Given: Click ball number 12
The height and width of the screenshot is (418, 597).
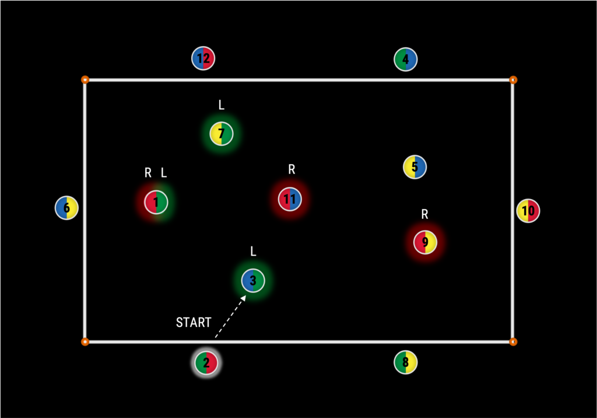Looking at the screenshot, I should click(x=203, y=58).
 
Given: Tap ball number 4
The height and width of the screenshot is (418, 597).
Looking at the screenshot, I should click(x=406, y=59).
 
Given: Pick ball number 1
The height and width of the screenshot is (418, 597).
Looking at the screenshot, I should click(x=156, y=203).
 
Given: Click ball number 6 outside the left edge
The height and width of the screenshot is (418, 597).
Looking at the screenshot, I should click(x=66, y=208).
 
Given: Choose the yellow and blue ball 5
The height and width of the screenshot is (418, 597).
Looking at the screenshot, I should click(x=415, y=167).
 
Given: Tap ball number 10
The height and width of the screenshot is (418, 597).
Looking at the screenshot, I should click(x=528, y=211).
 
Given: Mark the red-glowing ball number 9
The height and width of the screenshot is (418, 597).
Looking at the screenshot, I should click(x=426, y=242).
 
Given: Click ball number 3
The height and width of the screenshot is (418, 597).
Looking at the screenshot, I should click(x=253, y=281).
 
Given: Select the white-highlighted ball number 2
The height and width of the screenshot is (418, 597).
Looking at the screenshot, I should click(x=206, y=363).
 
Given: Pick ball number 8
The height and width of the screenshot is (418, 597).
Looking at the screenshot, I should click(x=406, y=363).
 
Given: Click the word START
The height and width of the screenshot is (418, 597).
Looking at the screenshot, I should click(x=194, y=323).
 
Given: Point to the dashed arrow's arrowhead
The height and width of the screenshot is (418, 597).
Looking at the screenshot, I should click(x=243, y=298).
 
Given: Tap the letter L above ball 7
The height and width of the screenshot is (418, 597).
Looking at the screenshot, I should click(x=222, y=105).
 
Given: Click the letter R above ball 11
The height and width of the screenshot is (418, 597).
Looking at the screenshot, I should click(x=292, y=169).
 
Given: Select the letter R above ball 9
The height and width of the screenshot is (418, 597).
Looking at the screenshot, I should click(x=425, y=214).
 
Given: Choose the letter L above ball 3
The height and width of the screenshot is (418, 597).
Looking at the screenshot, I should click(x=253, y=252).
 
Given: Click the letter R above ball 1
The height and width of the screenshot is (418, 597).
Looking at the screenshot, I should click(x=148, y=173).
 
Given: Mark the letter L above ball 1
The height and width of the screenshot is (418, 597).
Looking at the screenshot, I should click(x=164, y=173).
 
